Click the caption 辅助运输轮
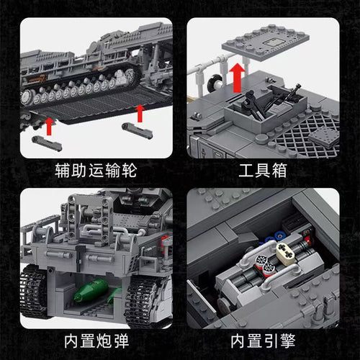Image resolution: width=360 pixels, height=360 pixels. click(x=96, y=171)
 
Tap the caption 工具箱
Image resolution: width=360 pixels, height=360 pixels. click(x=263, y=171)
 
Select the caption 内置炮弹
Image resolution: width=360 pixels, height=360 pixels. click(x=96, y=341)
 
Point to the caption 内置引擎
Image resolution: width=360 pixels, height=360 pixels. click(x=263, y=341)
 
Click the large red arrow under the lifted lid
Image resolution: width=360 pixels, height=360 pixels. click(x=237, y=78)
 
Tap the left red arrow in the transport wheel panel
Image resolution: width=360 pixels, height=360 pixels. click(x=49, y=127)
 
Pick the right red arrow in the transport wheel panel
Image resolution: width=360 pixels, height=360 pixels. click(x=140, y=114)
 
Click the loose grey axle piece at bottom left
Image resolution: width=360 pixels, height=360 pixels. click(x=47, y=143)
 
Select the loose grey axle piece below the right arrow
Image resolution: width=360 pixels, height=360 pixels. click(x=138, y=130)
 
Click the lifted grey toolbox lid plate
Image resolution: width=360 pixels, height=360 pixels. click(x=265, y=41)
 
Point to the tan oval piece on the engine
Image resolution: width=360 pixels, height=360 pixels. click(x=286, y=254)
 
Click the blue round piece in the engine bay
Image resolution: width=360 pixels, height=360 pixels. click(x=279, y=236)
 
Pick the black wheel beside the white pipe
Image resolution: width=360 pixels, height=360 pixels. click(x=215, y=83)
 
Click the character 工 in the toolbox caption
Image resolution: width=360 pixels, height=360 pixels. click(x=246, y=171)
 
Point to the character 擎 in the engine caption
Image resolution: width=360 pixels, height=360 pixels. click(x=288, y=341)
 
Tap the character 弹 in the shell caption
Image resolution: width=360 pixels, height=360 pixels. click(x=122, y=341)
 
